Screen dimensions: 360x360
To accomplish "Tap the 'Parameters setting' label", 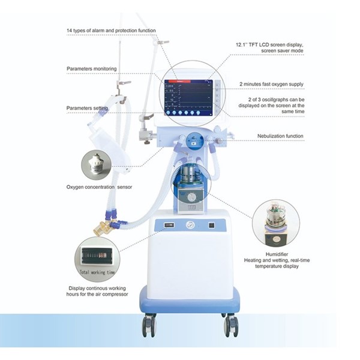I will click(88, 108).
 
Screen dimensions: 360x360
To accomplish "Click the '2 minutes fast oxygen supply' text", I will click(271, 84).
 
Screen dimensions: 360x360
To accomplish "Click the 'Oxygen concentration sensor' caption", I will click(100, 187).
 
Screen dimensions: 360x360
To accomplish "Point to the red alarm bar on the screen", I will click(179, 79).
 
